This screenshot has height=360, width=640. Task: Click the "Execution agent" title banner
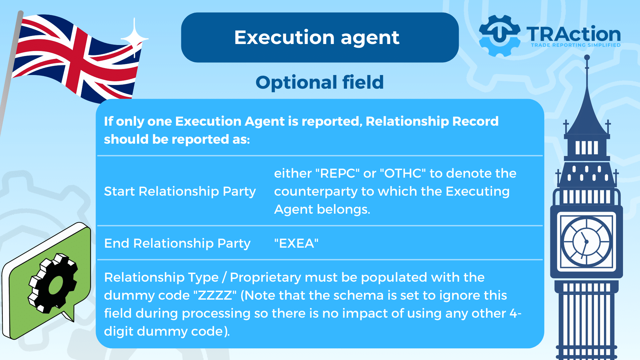click(x=320, y=37)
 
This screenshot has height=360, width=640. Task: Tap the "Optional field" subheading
click(x=320, y=82)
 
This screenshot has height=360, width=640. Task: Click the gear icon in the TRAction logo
click(x=499, y=35)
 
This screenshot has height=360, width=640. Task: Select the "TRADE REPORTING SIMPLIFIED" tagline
click(x=576, y=45)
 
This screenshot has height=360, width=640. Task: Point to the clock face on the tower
click(x=586, y=241)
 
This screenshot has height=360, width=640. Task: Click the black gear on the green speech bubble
click(x=53, y=283)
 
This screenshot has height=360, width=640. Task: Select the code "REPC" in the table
click(x=337, y=173)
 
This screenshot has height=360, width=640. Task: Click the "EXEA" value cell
click(x=296, y=243)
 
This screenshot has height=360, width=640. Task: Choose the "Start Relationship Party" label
click(x=180, y=191)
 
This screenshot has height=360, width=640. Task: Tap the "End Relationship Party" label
click(x=177, y=243)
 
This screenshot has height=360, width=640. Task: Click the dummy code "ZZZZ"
click(x=215, y=295)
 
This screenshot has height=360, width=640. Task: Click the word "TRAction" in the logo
click(x=574, y=34)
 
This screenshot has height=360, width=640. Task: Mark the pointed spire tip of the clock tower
click(x=587, y=57)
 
